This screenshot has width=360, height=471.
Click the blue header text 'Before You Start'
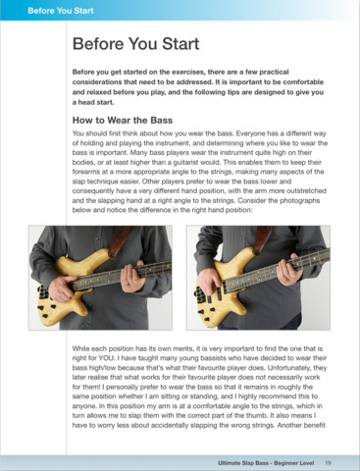pos(61,11)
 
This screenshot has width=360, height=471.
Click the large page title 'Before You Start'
pos(135,44)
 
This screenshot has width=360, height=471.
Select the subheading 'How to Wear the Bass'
pos(123,121)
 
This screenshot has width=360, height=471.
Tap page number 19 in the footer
pos(328,463)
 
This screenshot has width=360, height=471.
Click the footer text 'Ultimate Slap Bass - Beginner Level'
pos(266,463)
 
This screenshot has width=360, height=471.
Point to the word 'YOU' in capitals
pos(106,358)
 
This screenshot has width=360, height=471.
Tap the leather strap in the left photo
pos(119,240)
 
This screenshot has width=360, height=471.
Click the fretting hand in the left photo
pos(131,278)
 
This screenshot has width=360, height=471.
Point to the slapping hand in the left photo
pos(61,288)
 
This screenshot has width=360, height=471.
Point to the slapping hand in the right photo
pos(208,282)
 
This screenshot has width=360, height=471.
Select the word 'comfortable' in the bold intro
pos(303,82)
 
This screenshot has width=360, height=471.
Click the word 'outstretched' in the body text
pos(307,190)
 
